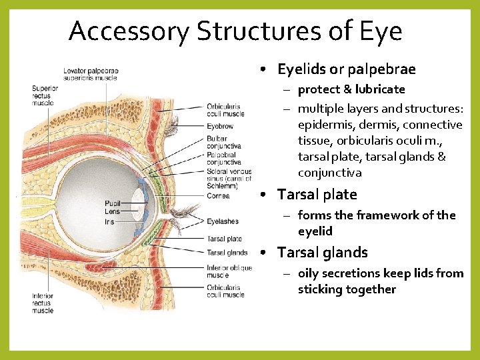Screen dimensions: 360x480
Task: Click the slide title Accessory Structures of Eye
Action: (x=235, y=31)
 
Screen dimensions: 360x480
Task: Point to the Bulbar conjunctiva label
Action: (x=223, y=142)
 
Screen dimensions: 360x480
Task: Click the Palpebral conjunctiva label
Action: (x=223, y=158)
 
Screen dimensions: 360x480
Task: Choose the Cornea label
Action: (x=218, y=196)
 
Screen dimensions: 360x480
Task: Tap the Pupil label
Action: (x=112, y=203)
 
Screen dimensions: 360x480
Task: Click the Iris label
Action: (x=110, y=221)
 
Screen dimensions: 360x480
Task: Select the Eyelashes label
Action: (x=222, y=221)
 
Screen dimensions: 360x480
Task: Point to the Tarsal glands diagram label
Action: (x=227, y=253)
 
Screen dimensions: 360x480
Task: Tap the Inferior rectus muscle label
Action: (x=42, y=303)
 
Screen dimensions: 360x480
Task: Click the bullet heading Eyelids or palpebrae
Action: (x=346, y=69)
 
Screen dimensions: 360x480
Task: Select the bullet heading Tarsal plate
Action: (x=317, y=195)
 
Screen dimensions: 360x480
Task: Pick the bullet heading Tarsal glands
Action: (x=322, y=253)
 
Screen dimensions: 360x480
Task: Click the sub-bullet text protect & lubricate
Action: (x=351, y=89)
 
